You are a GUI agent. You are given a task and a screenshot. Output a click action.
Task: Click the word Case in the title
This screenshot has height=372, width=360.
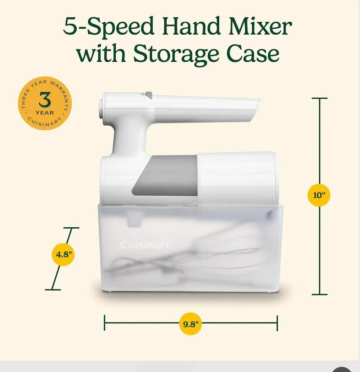click(x=253, y=54)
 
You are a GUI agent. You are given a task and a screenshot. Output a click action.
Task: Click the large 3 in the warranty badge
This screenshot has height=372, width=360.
click(x=45, y=100)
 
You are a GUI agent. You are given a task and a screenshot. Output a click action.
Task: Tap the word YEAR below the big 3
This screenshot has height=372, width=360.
click(x=45, y=113)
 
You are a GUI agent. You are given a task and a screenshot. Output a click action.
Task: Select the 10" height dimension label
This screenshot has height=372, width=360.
click(x=318, y=195)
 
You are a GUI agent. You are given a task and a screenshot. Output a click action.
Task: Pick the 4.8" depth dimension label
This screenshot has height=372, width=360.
click(x=63, y=255)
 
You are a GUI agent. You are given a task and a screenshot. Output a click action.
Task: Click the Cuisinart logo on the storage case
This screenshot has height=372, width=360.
click(x=145, y=245)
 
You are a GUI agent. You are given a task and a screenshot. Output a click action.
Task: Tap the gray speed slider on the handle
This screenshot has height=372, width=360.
click(x=149, y=95)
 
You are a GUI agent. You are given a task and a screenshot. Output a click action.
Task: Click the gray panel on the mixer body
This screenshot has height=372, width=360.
click(x=164, y=176)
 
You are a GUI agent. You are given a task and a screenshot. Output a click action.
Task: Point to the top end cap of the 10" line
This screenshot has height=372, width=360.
click(x=320, y=98)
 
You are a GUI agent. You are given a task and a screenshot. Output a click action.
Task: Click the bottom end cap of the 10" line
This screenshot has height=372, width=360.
click(x=320, y=294)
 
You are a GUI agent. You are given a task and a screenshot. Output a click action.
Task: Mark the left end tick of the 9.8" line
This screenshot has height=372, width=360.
click(x=104, y=323)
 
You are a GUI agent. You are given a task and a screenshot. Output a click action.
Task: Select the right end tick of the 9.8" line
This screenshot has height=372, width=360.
click(x=277, y=323)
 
